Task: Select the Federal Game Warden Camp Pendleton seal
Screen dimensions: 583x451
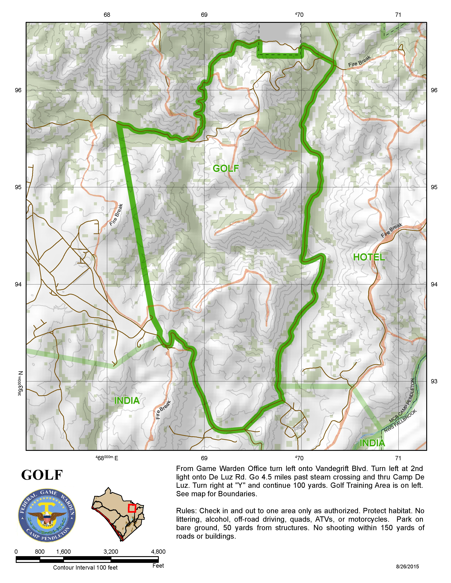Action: (x=47, y=515)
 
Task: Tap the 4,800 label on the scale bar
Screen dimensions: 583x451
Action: (x=158, y=552)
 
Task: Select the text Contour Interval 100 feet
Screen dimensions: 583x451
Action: (x=85, y=567)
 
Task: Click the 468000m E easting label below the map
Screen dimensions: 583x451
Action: (x=107, y=458)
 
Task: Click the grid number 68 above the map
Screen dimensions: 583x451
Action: (x=107, y=15)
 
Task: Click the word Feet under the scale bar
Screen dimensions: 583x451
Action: (x=158, y=566)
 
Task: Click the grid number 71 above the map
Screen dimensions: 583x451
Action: (x=398, y=15)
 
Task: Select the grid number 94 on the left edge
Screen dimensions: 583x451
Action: (x=18, y=284)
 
